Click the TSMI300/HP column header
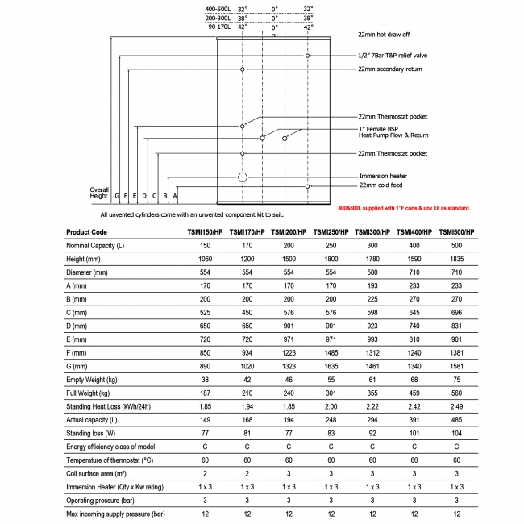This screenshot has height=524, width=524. (x=372, y=231)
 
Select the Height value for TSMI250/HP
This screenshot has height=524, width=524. (x=331, y=259)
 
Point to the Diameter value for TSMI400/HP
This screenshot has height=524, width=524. (x=414, y=272)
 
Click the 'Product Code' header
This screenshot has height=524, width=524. (x=88, y=231)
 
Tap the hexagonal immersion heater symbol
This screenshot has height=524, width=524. (x=242, y=176)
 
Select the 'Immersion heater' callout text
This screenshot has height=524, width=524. (x=382, y=175)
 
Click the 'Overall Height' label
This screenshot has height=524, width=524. (x=98, y=193)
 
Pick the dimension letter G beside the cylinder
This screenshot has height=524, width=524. (x=117, y=195)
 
